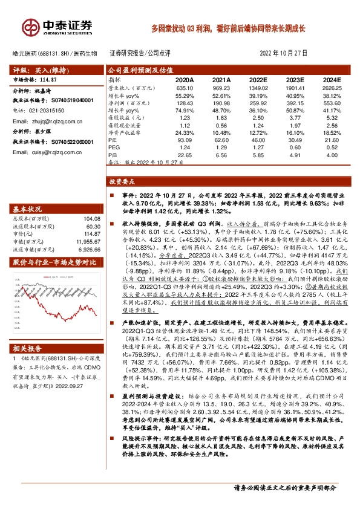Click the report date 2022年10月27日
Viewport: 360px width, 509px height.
[x=284, y=53]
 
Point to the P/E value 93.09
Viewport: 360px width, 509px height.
[x=185, y=140]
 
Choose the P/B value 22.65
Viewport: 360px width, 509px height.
[x=185, y=154]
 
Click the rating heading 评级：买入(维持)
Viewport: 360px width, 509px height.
[x=34, y=70]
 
